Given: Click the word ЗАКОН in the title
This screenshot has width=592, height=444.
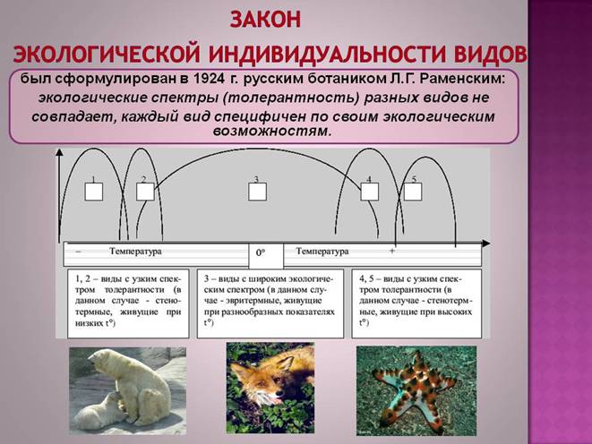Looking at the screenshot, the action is [265, 19].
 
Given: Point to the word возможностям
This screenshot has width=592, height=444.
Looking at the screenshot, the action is [272, 131].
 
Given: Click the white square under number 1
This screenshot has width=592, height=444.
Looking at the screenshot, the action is [94, 192].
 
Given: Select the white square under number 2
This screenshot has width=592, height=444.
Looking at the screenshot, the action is [145, 192].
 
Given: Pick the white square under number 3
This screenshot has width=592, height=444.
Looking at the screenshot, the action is [258, 192].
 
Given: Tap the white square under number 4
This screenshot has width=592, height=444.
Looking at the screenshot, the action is [370, 192].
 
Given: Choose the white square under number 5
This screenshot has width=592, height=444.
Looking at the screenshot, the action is [413, 192].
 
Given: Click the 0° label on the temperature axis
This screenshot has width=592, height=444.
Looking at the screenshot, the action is [261, 252].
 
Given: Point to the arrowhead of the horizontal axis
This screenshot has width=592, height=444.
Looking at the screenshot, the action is [486, 243].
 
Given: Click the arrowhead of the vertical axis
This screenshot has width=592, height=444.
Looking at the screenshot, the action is [59, 152].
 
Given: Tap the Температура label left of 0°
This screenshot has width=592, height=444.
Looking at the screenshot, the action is [135, 251].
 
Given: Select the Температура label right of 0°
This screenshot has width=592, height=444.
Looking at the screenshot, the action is [322, 251].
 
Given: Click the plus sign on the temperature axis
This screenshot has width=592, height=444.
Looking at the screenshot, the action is [392, 251].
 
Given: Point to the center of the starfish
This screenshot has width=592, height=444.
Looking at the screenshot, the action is [414, 389].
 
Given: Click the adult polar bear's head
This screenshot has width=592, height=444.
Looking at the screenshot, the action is [102, 360].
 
